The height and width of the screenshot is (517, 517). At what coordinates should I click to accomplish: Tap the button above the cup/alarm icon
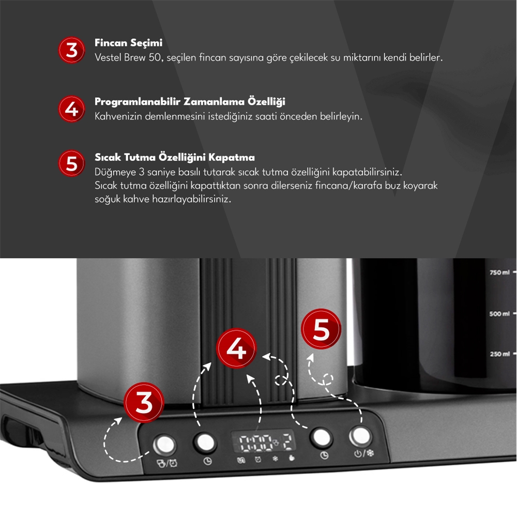164,445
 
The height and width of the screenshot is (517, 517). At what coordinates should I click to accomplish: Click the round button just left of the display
205,442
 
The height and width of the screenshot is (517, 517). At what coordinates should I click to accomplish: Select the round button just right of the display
322,437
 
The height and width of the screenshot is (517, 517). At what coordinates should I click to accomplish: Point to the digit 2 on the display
287,442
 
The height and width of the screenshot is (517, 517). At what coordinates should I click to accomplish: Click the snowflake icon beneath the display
275,459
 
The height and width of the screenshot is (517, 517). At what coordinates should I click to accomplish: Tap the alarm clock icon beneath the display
258,459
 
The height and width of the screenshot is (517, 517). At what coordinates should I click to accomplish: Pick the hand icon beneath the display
292,458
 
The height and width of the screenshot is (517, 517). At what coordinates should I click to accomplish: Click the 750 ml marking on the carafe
499,272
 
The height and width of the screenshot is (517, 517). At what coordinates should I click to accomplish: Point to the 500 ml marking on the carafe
499,314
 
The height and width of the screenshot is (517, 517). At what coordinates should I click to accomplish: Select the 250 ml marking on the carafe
500,354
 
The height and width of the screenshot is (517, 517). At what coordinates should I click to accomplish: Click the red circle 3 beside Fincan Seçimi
71,50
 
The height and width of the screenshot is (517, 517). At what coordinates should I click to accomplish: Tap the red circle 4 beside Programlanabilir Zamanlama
71,109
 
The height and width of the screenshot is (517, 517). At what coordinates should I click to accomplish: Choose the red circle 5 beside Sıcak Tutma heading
71,163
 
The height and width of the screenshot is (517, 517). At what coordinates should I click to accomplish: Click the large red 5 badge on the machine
321,329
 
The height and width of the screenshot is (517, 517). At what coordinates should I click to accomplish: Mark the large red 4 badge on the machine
236,348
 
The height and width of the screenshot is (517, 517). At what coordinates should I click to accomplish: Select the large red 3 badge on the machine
144,402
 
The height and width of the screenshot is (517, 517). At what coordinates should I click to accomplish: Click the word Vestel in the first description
108,58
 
